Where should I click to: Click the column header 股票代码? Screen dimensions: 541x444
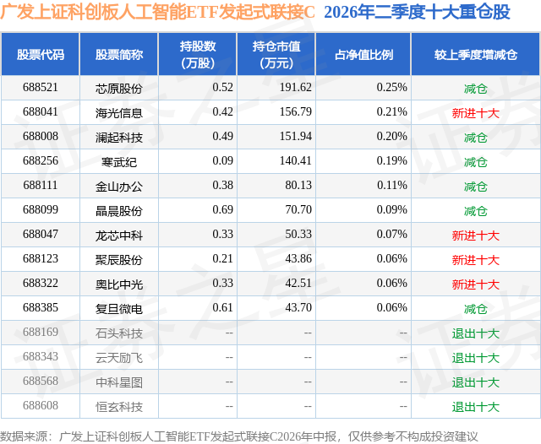(41, 55)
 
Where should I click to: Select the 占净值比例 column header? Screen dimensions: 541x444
(363, 55)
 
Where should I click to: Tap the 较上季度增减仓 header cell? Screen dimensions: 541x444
(476, 55)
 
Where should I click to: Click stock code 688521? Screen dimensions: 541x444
(41, 88)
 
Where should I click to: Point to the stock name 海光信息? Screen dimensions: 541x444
(119, 113)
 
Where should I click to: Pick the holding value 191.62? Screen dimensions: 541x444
(296, 88)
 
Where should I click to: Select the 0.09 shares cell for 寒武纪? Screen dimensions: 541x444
(223, 161)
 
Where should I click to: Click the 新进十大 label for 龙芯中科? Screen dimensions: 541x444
(476, 236)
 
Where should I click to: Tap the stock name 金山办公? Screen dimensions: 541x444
(119, 187)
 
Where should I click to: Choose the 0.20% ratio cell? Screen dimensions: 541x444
(392, 137)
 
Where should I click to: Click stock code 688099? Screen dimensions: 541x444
(41, 210)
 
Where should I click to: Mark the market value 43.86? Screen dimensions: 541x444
(298, 258)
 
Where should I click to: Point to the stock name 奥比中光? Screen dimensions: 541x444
(119, 284)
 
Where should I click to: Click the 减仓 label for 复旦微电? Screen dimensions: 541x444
(476, 309)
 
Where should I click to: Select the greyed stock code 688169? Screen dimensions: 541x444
(41, 332)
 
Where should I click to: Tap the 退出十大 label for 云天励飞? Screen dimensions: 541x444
(476, 358)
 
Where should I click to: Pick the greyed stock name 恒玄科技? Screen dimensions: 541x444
(119, 407)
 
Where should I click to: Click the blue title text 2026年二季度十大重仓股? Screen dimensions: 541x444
(417, 12)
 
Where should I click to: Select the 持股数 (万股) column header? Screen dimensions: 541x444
(198, 54)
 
